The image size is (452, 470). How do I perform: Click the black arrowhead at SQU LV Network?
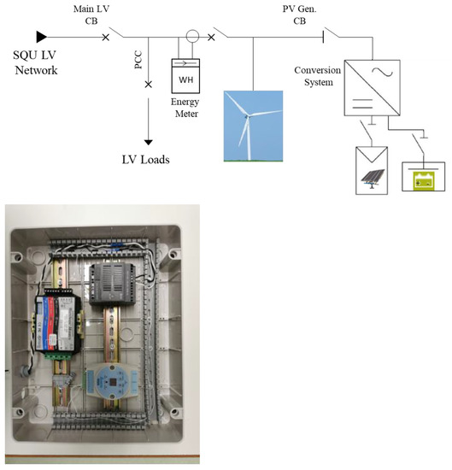pos(40,37)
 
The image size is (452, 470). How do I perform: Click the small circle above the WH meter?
pos(193,37)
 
